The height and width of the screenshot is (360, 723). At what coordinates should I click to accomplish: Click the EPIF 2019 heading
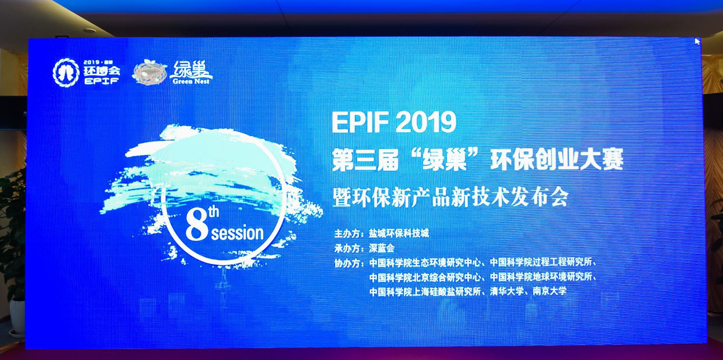(x=394, y=122)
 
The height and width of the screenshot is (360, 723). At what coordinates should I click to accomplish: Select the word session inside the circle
(x=237, y=233)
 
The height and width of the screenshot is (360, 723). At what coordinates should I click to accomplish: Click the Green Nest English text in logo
(x=191, y=82)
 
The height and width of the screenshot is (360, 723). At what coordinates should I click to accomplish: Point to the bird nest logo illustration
(x=149, y=72)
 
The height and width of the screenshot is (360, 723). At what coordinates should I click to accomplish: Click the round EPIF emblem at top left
(x=66, y=72)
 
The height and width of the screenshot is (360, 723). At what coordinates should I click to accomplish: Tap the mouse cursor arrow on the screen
(x=697, y=41)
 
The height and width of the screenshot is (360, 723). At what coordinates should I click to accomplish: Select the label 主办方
(x=348, y=234)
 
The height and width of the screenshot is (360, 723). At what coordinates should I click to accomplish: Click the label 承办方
(x=348, y=249)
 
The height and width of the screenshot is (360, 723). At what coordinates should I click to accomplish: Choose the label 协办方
(x=348, y=263)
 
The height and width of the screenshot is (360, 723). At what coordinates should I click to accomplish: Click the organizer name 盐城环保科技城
(x=399, y=233)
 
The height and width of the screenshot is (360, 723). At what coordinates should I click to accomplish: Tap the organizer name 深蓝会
(x=381, y=248)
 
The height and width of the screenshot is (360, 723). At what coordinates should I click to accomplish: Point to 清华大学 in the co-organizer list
(x=506, y=291)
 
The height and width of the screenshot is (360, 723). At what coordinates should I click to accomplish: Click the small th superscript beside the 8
(x=214, y=211)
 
